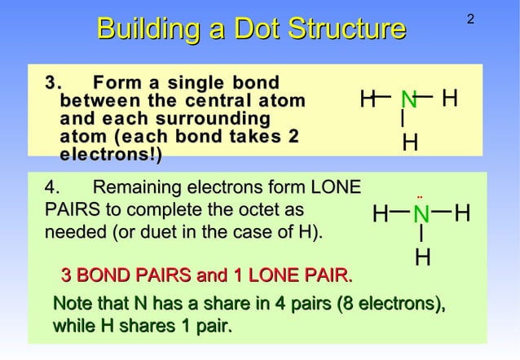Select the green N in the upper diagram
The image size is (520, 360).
point(408,100)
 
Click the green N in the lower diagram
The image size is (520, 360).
point(421,215)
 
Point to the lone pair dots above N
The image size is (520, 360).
point(420,196)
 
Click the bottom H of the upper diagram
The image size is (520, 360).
point(411,143)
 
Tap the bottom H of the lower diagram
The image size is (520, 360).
point(422,258)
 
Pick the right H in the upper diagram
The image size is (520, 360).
point(449,99)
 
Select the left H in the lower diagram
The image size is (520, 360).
point(380,215)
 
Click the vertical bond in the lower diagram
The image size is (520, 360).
point(421,235)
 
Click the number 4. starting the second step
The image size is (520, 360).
point(51,187)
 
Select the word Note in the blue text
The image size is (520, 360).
point(74,305)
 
